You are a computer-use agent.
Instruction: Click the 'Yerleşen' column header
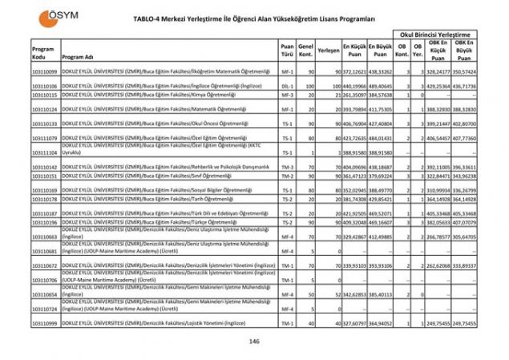point(328,50)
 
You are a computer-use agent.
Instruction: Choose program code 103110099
point(44,71)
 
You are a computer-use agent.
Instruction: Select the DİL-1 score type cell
point(287,85)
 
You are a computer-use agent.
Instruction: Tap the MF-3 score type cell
point(287,95)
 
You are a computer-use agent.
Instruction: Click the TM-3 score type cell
point(287,167)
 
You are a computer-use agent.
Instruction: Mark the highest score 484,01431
point(382,138)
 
